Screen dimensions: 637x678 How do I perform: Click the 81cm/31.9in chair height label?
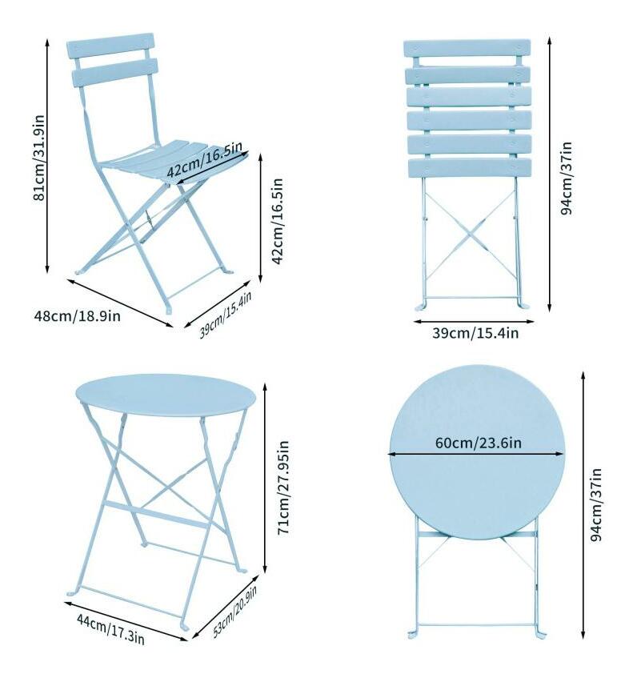39,158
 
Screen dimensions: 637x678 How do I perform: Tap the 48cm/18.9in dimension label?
77,315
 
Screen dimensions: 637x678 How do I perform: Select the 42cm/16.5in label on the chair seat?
204,159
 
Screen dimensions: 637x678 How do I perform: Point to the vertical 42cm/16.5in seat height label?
277,221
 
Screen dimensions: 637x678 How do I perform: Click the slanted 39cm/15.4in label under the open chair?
225,315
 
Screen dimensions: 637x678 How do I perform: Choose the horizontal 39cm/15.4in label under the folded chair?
475,333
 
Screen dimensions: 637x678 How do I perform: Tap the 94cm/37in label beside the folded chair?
566,178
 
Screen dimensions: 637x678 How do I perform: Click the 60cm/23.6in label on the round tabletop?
479,443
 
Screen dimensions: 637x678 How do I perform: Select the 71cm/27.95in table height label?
283,487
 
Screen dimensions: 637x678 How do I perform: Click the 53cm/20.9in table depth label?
235,612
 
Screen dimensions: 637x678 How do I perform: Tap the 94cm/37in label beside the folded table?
596,504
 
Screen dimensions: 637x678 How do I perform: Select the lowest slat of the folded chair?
470,168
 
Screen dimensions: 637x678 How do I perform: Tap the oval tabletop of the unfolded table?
166,395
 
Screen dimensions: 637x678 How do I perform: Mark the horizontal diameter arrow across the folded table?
476,454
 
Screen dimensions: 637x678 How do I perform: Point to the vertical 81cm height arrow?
47,156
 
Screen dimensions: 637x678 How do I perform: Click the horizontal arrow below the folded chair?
474,321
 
